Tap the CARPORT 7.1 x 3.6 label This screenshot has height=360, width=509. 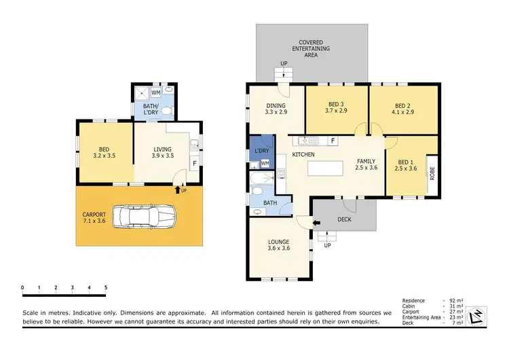click(94, 217)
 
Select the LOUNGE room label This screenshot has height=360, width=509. click(279, 245)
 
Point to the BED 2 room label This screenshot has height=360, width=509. click(403, 109)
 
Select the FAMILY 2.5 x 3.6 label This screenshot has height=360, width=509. click(366, 164)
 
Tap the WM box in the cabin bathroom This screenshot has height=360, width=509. click(155, 92)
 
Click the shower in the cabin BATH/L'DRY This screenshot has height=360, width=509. click(140, 93)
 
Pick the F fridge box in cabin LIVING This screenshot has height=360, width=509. click(194, 164)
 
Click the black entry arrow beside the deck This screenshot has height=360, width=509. click(316, 221)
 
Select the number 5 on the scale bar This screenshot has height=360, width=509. click(105, 288)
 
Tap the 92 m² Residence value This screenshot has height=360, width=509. click(455, 300)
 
